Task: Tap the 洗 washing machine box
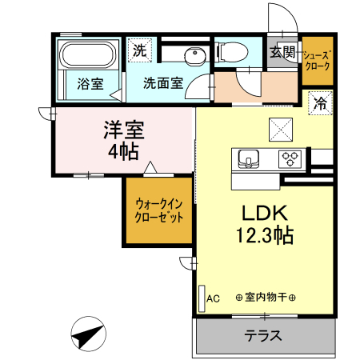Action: [x=140, y=50]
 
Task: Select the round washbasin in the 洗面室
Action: [x=193, y=55]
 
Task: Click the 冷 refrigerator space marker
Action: [x=320, y=102]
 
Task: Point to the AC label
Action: [x=213, y=298]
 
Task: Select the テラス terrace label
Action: [x=263, y=335]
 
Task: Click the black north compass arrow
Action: [x=88, y=331]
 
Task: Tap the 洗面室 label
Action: [x=164, y=82]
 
